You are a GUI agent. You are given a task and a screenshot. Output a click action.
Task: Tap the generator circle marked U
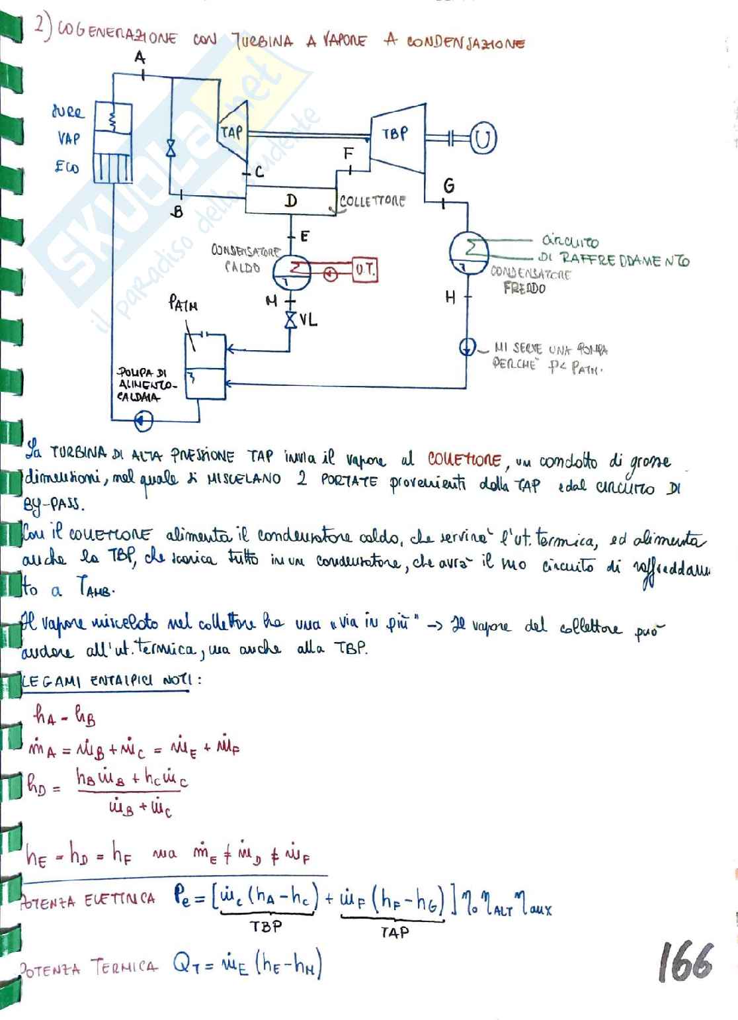click(x=483, y=138)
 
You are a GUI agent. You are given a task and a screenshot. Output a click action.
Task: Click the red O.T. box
click(x=364, y=270)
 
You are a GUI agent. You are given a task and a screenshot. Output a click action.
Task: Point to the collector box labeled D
click(x=291, y=201)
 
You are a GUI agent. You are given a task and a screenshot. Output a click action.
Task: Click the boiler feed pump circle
click(x=143, y=420)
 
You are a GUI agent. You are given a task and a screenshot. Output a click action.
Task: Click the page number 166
click(x=685, y=962)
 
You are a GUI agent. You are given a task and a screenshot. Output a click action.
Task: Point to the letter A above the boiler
click(x=140, y=58)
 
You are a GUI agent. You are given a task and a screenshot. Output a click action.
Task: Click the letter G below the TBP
click(x=449, y=186)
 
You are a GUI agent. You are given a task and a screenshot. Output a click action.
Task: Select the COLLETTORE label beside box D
click(x=372, y=201)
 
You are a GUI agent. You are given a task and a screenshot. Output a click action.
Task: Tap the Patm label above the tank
click(x=183, y=304)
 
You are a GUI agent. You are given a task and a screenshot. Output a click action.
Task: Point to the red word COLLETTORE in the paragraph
click(x=464, y=458)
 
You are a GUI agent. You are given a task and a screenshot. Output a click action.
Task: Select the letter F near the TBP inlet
click(x=348, y=154)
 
